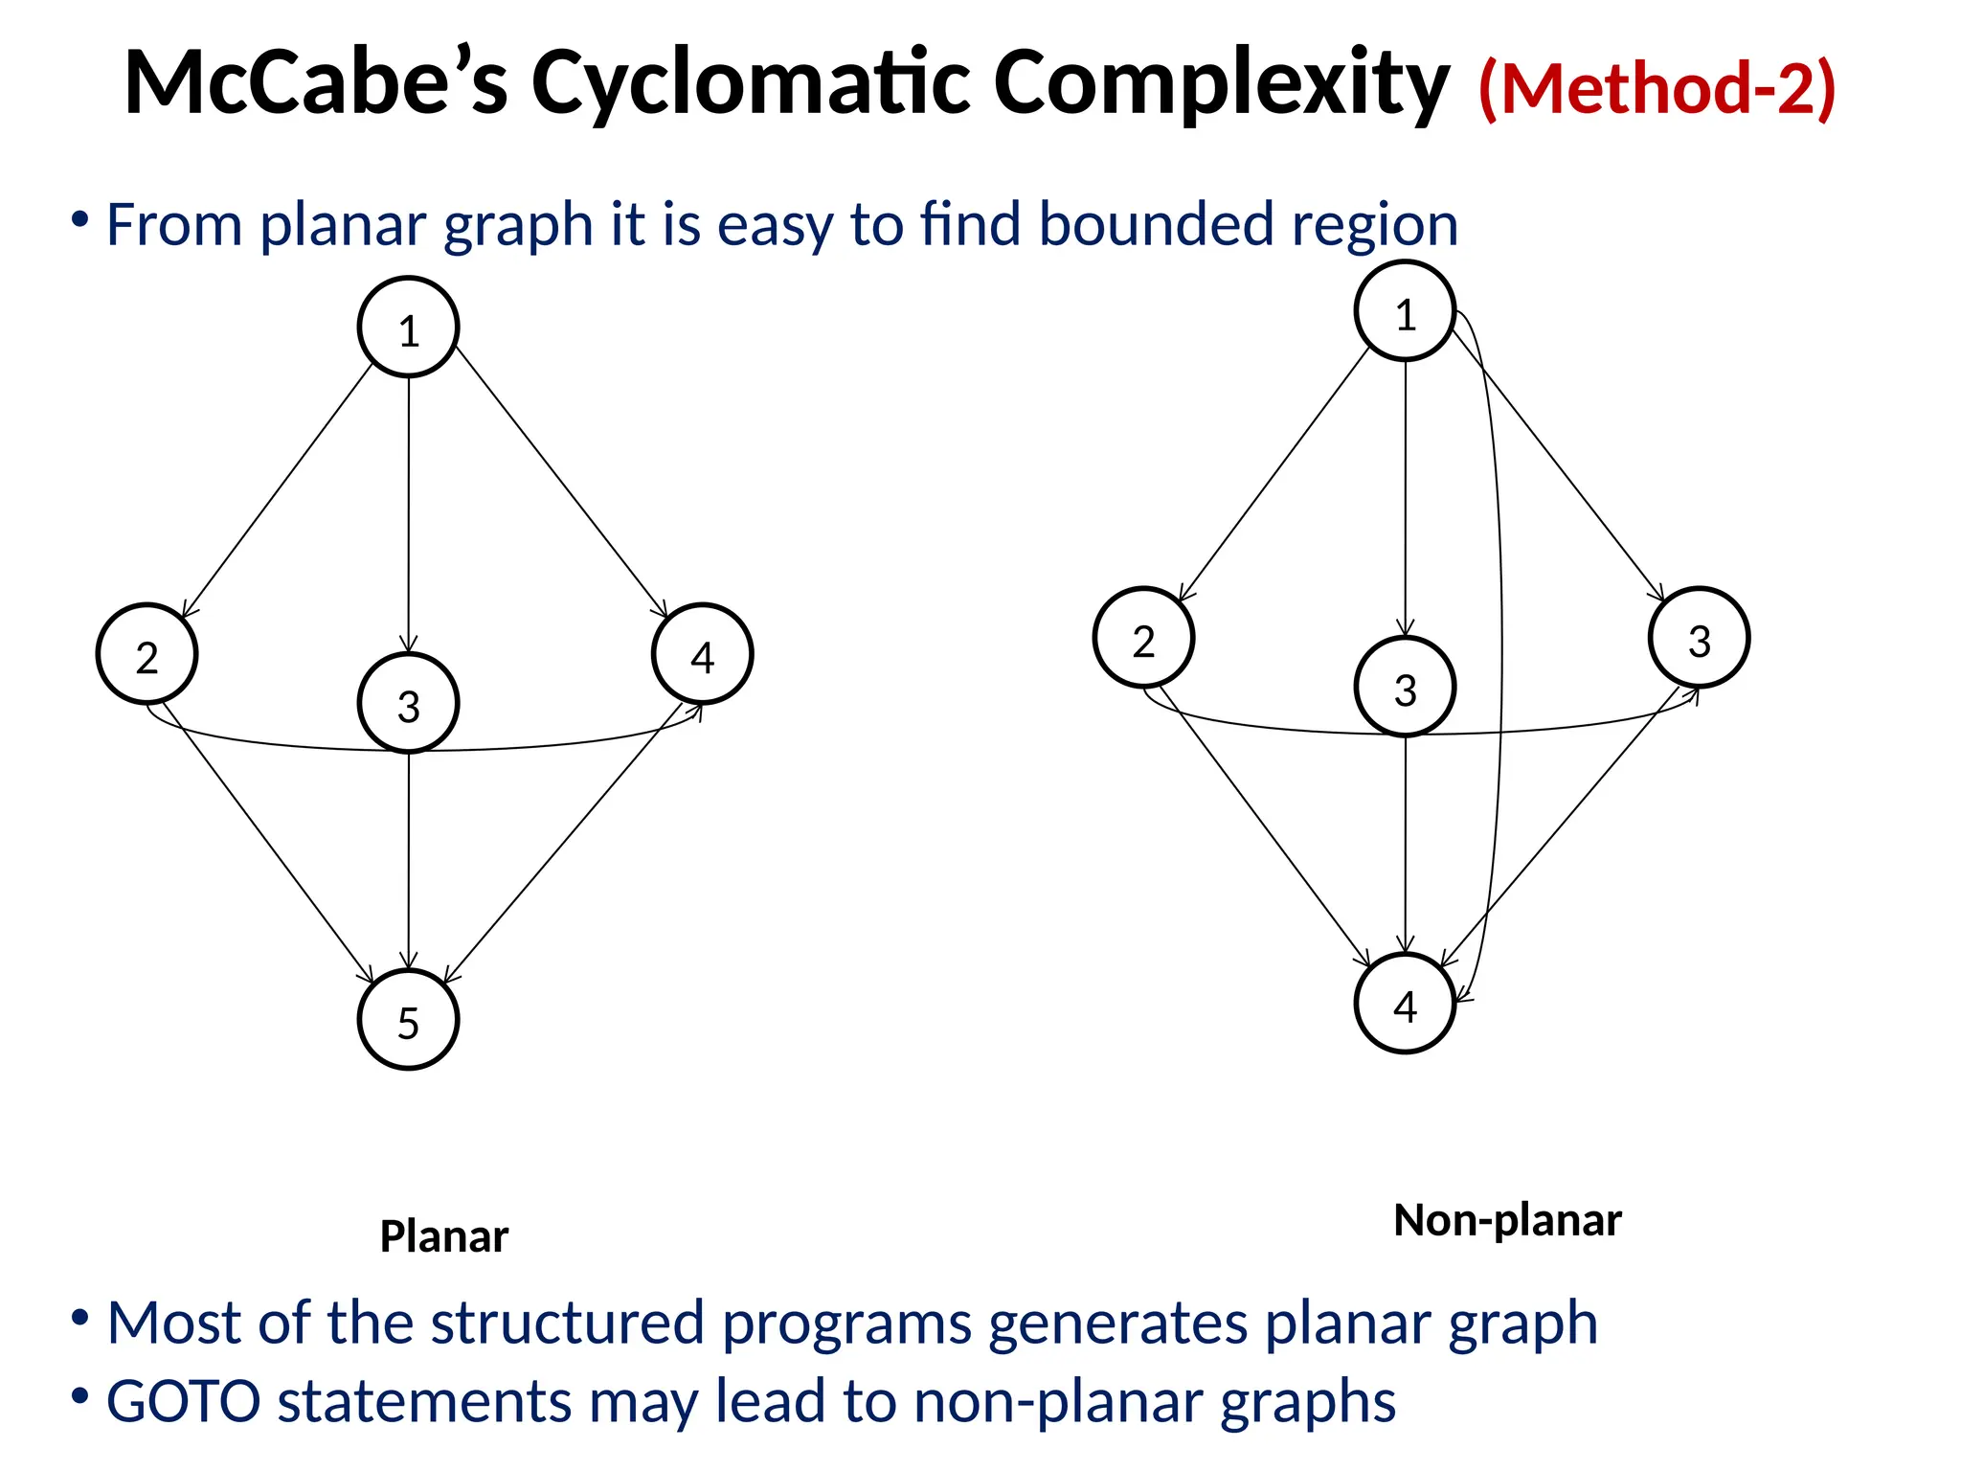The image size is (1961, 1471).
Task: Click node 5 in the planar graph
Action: [409, 1020]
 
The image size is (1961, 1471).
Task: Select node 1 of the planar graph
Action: [409, 328]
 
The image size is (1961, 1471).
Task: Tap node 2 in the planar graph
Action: [147, 654]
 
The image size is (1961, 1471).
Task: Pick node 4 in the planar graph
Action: [703, 654]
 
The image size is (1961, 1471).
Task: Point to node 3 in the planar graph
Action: [409, 703]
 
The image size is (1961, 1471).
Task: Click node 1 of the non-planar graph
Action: [1406, 311]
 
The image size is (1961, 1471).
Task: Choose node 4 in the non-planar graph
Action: [1406, 1004]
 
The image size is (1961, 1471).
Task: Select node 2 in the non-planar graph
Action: [1144, 638]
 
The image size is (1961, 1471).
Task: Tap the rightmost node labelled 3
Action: [1700, 638]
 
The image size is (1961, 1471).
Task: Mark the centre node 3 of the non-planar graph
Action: [1406, 687]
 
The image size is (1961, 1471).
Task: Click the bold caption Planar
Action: [444, 1236]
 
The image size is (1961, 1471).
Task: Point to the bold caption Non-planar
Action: [1508, 1220]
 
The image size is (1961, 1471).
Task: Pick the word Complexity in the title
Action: [1221, 84]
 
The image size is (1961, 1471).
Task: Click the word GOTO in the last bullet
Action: [183, 1401]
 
